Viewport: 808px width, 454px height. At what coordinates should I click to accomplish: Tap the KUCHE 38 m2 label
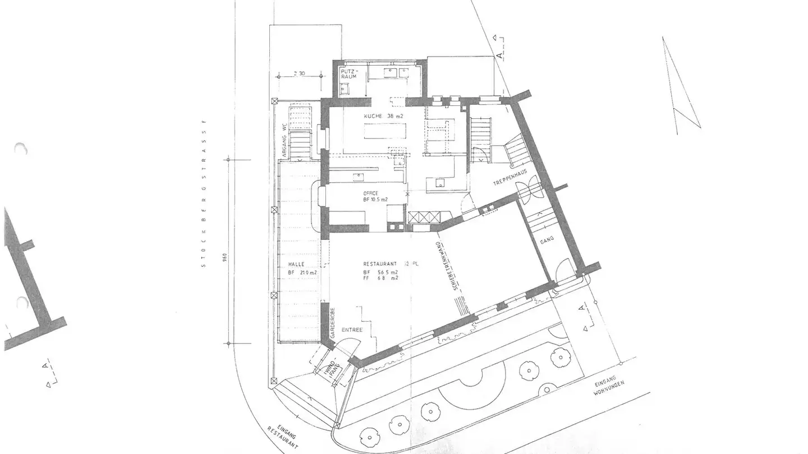383,116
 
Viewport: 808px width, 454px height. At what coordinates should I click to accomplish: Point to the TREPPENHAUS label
509,183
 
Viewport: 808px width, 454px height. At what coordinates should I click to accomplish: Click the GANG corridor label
547,239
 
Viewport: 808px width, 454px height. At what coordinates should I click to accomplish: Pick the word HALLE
296,264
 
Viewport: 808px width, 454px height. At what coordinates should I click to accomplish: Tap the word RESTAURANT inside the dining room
380,263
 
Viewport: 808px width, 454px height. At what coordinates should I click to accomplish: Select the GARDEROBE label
332,322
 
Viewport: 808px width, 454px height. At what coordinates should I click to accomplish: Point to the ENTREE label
352,330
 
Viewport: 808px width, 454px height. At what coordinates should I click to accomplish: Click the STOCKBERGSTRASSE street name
205,193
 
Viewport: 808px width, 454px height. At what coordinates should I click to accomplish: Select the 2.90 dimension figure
299,73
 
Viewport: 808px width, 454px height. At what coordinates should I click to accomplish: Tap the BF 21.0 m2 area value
302,272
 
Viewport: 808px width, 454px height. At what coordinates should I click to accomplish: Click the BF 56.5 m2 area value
380,272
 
